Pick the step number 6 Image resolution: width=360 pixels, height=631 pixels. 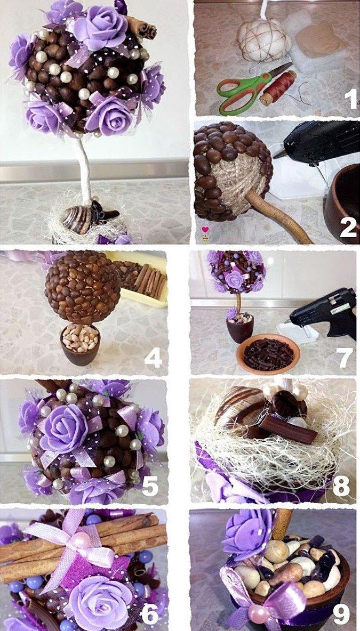pyautogui.click(x=149, y=614)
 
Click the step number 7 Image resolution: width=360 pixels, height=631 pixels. pyautogui.click(x=345, y=357)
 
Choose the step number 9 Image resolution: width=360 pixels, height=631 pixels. pyautogui.click(x=341, y=614)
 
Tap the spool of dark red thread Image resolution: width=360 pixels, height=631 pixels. pyautogui.click(x=278, y=88)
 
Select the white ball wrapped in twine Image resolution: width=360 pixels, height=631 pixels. pyautogui.click(x=264, y=41)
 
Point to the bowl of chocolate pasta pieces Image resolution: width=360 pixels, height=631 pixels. pyautogui.click(x=268, y=353)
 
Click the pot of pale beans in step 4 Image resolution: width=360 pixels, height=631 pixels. pyautogui.click(x=81, y=344)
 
